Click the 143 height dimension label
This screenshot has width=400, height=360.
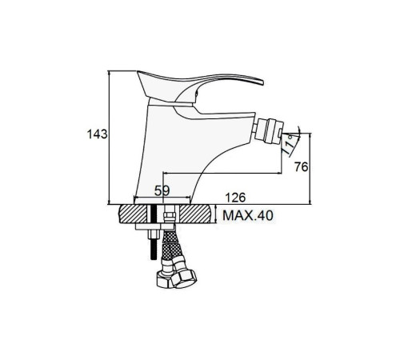(x=98, y=134)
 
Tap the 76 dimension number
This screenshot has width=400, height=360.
(x=301, y=167)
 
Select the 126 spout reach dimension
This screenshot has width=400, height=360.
(x=235, y=198)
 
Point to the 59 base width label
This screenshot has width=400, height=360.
(x=162, y=190)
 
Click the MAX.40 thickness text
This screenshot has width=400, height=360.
(x=248, y=215)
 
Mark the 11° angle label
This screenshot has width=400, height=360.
(x=289, y=145)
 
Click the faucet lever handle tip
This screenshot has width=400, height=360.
(x=262, y=82)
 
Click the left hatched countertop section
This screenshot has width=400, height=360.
(x=134, y=214)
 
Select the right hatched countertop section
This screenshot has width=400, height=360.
(x=197, y=214)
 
